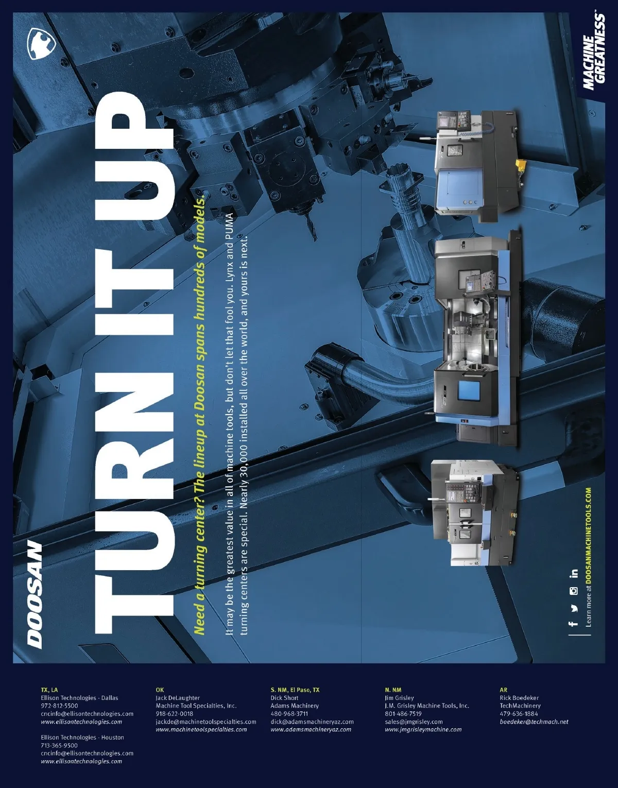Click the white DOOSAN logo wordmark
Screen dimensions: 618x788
click(35, 595)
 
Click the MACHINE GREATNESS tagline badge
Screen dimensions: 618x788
click(593, 52)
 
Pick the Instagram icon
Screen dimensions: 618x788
click(573, 591)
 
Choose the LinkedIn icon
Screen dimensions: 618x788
click(573, 573)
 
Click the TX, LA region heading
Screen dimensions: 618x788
click(49, 690)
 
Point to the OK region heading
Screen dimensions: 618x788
click(160, 690)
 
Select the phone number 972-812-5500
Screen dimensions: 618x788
click(59, 706)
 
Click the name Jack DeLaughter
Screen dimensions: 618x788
click(178, 698)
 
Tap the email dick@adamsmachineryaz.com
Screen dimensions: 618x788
click(312, 722)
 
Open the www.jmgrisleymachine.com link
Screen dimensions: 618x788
click(423, 730)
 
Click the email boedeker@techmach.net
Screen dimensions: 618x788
click(534, 722)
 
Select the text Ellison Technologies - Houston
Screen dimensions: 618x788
click(82, 738)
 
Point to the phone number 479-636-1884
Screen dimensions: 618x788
click(519, 714)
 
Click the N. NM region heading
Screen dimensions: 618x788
click(393, 690)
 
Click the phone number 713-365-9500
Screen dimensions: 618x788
click(59, 746)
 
